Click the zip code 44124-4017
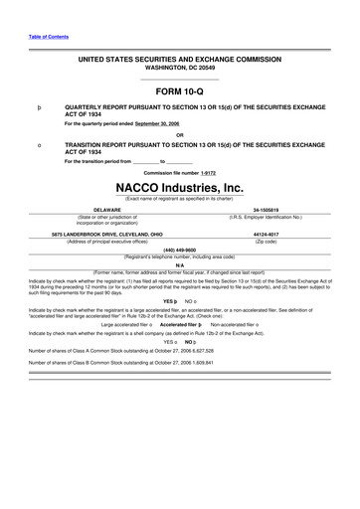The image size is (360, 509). point(266,235)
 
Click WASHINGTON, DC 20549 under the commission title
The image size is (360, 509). point(179,69)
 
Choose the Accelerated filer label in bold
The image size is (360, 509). point(177,324)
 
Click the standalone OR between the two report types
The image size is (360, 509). point(179,135)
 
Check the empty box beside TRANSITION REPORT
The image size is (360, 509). point(38,145)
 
